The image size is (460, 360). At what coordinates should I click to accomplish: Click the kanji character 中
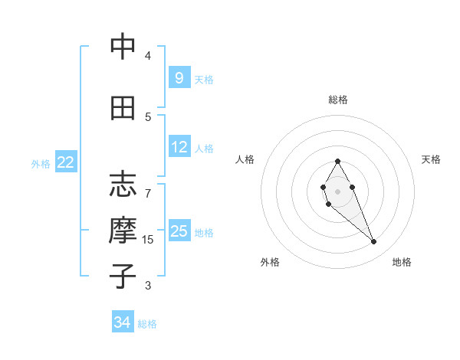pos(123,47)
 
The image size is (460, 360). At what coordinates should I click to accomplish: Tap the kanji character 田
pos(123,108)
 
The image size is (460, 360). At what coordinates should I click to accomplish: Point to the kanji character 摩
pos(123,231)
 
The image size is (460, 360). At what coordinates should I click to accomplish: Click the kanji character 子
pos(123,277)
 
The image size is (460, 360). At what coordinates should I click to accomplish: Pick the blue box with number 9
pos(179,77)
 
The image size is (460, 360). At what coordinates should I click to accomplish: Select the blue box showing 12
pos(179,147)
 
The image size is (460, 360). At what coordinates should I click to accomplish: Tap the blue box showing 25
pos(179,231)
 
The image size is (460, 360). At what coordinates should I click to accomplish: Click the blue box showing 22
pos(66,162)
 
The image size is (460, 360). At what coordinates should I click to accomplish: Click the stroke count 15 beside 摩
pos(148,240)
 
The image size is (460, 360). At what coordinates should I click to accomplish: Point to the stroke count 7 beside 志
pos(148,186)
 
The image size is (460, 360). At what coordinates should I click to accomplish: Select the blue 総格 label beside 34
pos(147,324)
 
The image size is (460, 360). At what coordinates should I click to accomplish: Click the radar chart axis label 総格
pos(337,100)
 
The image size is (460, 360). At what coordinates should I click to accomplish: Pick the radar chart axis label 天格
pos(431,159)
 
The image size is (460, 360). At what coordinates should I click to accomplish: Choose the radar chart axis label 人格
pos(245,159)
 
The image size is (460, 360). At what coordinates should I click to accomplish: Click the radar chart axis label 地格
pos(402,262)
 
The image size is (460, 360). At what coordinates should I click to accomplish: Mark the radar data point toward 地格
pos(374,242)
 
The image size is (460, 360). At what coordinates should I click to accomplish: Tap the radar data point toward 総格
pos(337,161)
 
